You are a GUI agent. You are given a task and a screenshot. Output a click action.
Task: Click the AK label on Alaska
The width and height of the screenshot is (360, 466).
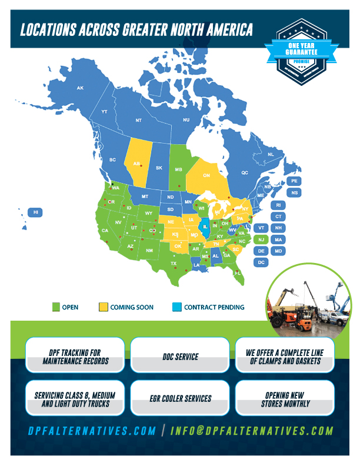(81, 88)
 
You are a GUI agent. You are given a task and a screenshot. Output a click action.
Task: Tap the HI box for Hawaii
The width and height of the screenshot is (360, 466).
(36, 212)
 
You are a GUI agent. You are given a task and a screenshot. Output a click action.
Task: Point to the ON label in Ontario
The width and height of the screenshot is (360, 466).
(206, 175)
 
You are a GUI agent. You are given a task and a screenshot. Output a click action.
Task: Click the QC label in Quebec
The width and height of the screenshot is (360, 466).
(245, 173)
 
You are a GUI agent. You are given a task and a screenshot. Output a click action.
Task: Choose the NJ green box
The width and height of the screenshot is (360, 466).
(261, 239)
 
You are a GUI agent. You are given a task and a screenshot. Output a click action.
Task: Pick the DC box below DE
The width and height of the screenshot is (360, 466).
(261, 262)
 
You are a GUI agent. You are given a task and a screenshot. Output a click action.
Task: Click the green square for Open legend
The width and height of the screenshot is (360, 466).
(56, 307)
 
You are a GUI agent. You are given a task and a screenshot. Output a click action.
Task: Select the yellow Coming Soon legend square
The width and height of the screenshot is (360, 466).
(104, 307)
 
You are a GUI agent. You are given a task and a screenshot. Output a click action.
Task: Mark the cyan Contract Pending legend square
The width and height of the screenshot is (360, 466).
(176, 307)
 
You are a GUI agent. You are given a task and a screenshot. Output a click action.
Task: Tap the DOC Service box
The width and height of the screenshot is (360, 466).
(180, 357)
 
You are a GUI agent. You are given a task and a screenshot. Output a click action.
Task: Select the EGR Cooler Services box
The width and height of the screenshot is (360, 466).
(180, 399)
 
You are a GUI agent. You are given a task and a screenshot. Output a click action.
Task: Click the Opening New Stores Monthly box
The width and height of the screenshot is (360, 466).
(285, 399)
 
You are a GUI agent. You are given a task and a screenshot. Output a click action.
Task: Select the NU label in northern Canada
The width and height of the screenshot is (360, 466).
(186, 120)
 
